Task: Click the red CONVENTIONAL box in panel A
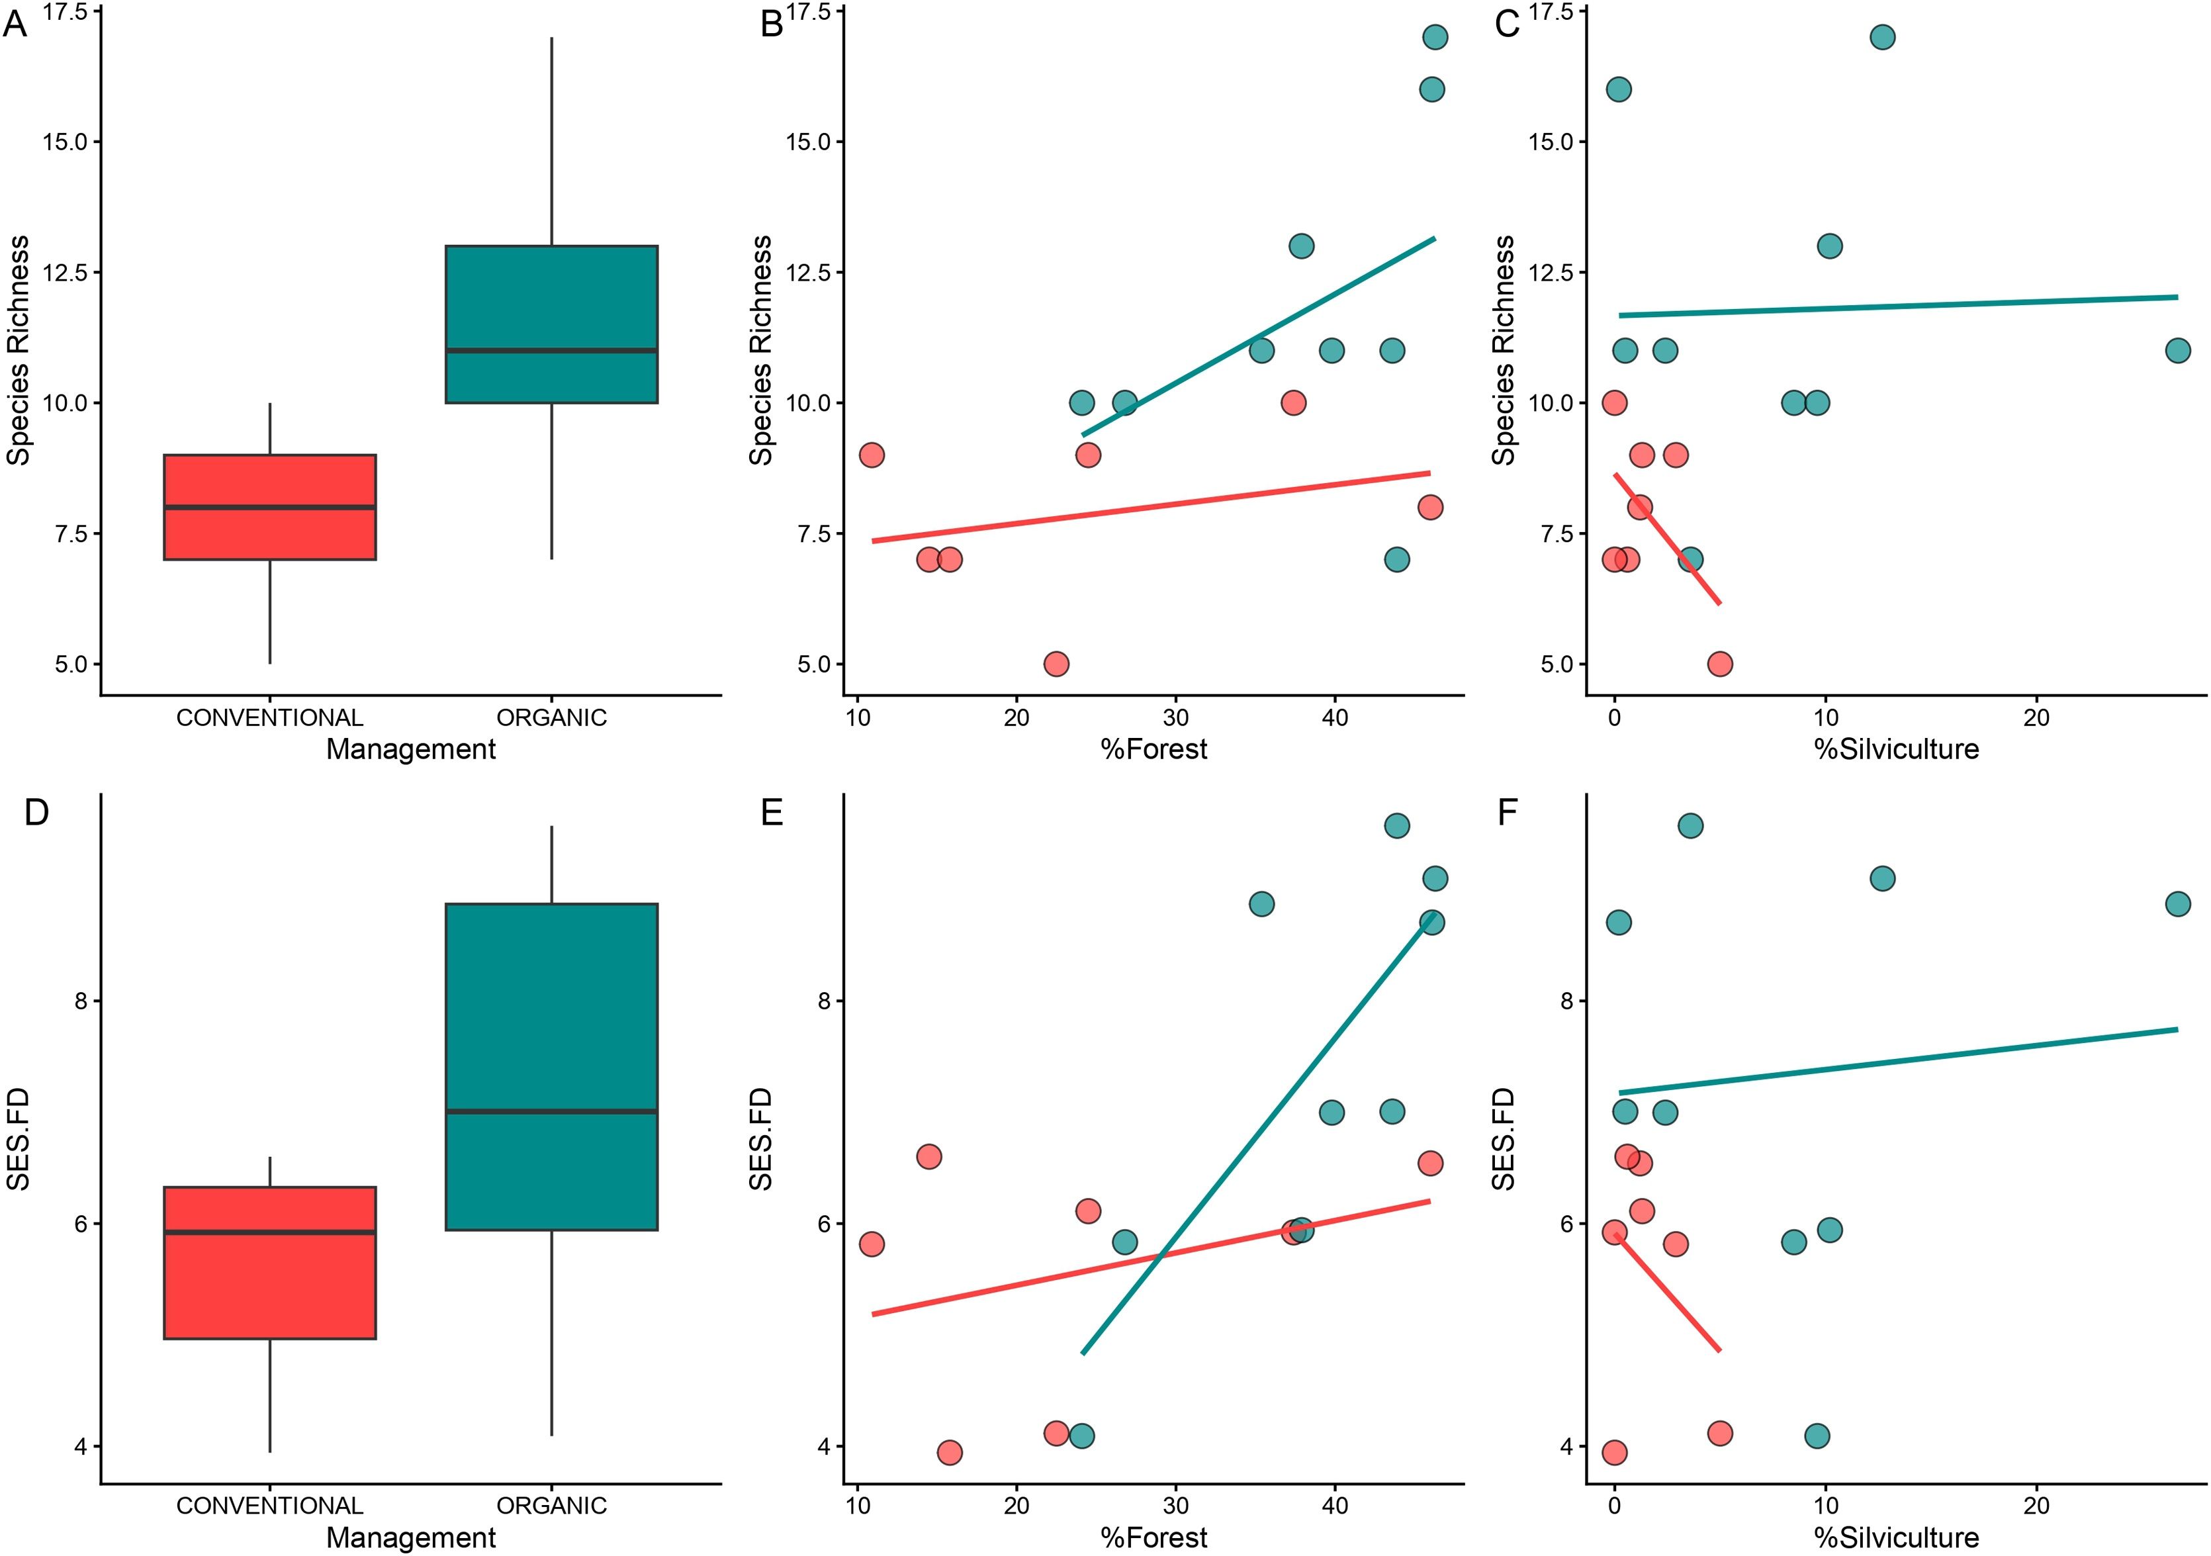point(269,506)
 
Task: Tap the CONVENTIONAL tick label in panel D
point(269,1506)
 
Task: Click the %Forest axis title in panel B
point(1153,749)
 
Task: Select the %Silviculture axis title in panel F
point(1896,1537)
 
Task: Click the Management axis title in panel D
point(411,1537)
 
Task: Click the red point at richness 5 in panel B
point(1056,663)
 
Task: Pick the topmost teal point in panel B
point(1435,36)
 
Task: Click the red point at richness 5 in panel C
point(1720,663)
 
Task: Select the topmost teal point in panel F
point(1690,825)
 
